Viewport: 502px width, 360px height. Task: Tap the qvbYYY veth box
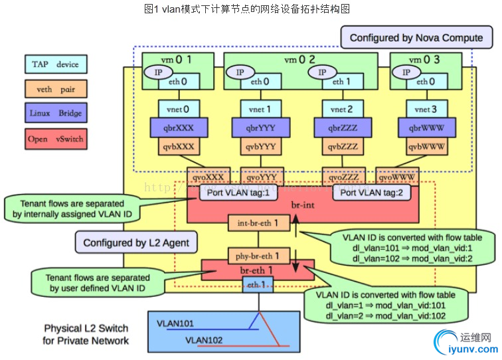click(254, 146)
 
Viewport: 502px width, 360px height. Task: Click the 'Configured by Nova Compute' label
click(416, 38)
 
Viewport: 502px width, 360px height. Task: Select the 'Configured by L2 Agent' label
click(136, 242)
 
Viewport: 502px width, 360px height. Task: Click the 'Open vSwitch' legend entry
click(56, 139)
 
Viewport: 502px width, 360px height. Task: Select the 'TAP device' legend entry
click(56, 64)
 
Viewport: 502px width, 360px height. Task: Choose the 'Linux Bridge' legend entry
click(56, 113)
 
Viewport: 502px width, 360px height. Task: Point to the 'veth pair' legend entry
click(56, 89)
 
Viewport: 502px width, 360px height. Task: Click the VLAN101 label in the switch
click(175, 324)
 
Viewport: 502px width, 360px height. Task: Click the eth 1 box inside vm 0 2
click(339, 82)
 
